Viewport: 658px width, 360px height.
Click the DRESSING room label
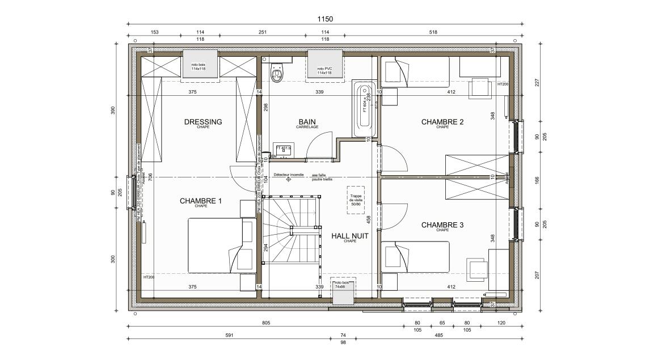[x=203, y=122]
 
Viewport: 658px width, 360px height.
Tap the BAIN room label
[x=307, y=122]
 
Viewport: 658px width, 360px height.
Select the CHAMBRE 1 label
[x=201, y=201]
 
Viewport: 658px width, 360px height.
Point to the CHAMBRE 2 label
[x=442, y=122]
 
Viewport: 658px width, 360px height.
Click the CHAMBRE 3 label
[x=442, y=225]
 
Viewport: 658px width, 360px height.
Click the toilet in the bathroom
[x=277, y=74]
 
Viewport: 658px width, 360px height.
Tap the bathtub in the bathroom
[x=363, y=108]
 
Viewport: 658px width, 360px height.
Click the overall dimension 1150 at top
[x=325, y=19]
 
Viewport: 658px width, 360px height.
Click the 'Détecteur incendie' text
[x=288, y=175]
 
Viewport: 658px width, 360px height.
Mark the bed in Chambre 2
[x=417, y=72]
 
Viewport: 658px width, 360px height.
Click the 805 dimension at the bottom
[x=266, y=323]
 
